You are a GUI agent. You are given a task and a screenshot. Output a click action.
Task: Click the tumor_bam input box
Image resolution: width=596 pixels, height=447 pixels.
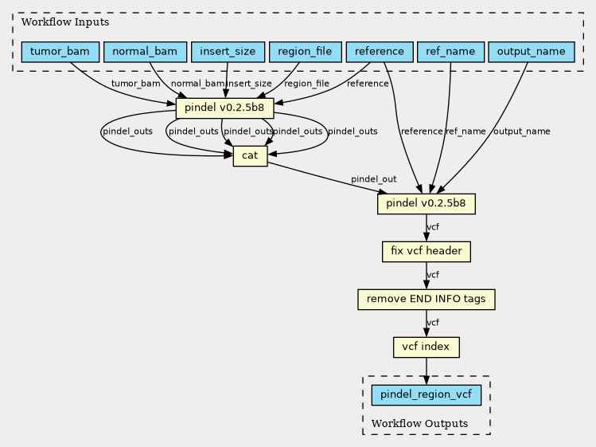pyautogui.click(x=60, y=52)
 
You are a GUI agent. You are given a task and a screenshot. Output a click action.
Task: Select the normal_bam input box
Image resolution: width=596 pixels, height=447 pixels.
pyautogui.click(x=145, y=52)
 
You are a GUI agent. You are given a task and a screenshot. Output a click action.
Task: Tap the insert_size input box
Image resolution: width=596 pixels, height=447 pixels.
pyautogui.click(x=228, y=52)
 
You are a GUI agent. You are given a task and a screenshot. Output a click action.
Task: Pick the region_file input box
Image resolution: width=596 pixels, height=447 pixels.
pyautogui.click(x=306, y=52)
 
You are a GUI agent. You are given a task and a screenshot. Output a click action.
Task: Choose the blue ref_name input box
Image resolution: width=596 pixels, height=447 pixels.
pyautogui.click(x=451, y=52)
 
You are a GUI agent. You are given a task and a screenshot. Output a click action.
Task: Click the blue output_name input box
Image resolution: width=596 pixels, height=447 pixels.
pyautogui.click(x=531, y=52)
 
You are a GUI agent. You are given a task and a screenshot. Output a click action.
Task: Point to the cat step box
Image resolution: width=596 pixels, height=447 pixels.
pyautogui.click(x=250, y=155)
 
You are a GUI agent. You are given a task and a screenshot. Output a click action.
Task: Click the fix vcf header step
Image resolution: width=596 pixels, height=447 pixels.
pyautogui.click(x=427, y=251)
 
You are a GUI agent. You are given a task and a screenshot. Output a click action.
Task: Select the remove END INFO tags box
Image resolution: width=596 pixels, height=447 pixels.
pyautogui.click(x=426, y=300)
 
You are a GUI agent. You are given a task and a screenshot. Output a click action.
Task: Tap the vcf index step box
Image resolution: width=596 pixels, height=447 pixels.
pyautogui.click(x=426, y=347)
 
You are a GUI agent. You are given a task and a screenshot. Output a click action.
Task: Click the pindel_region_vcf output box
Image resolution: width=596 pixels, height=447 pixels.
pyautogui.click(x=426, y=395)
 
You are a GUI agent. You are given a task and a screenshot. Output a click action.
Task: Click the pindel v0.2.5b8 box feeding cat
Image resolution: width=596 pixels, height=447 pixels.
pyautogui.click(x=224, y=108)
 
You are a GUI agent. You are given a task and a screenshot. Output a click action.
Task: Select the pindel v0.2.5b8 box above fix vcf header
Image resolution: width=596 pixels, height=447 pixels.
pyautogui.click(x=426, y=204)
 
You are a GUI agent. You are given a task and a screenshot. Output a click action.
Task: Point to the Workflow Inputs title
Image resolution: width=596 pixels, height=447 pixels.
pyautogui.click(x=65, y=22)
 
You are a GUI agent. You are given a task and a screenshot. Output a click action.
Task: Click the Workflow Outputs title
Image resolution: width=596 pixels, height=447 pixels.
pyautogui.click(x=419, y=423)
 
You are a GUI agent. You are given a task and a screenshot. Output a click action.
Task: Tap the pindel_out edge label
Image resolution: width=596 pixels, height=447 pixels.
pyautogui.click(x=374, y=179)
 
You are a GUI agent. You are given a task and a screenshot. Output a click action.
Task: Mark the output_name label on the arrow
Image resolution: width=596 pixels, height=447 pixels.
pyautogui.click(x=521, y=131)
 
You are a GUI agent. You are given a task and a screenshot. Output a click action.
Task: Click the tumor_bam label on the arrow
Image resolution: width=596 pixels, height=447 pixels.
pyautogui.click(x=136, y=84)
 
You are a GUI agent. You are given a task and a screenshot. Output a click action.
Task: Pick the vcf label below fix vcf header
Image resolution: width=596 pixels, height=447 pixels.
pyautogui.click(x=433, y=275)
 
